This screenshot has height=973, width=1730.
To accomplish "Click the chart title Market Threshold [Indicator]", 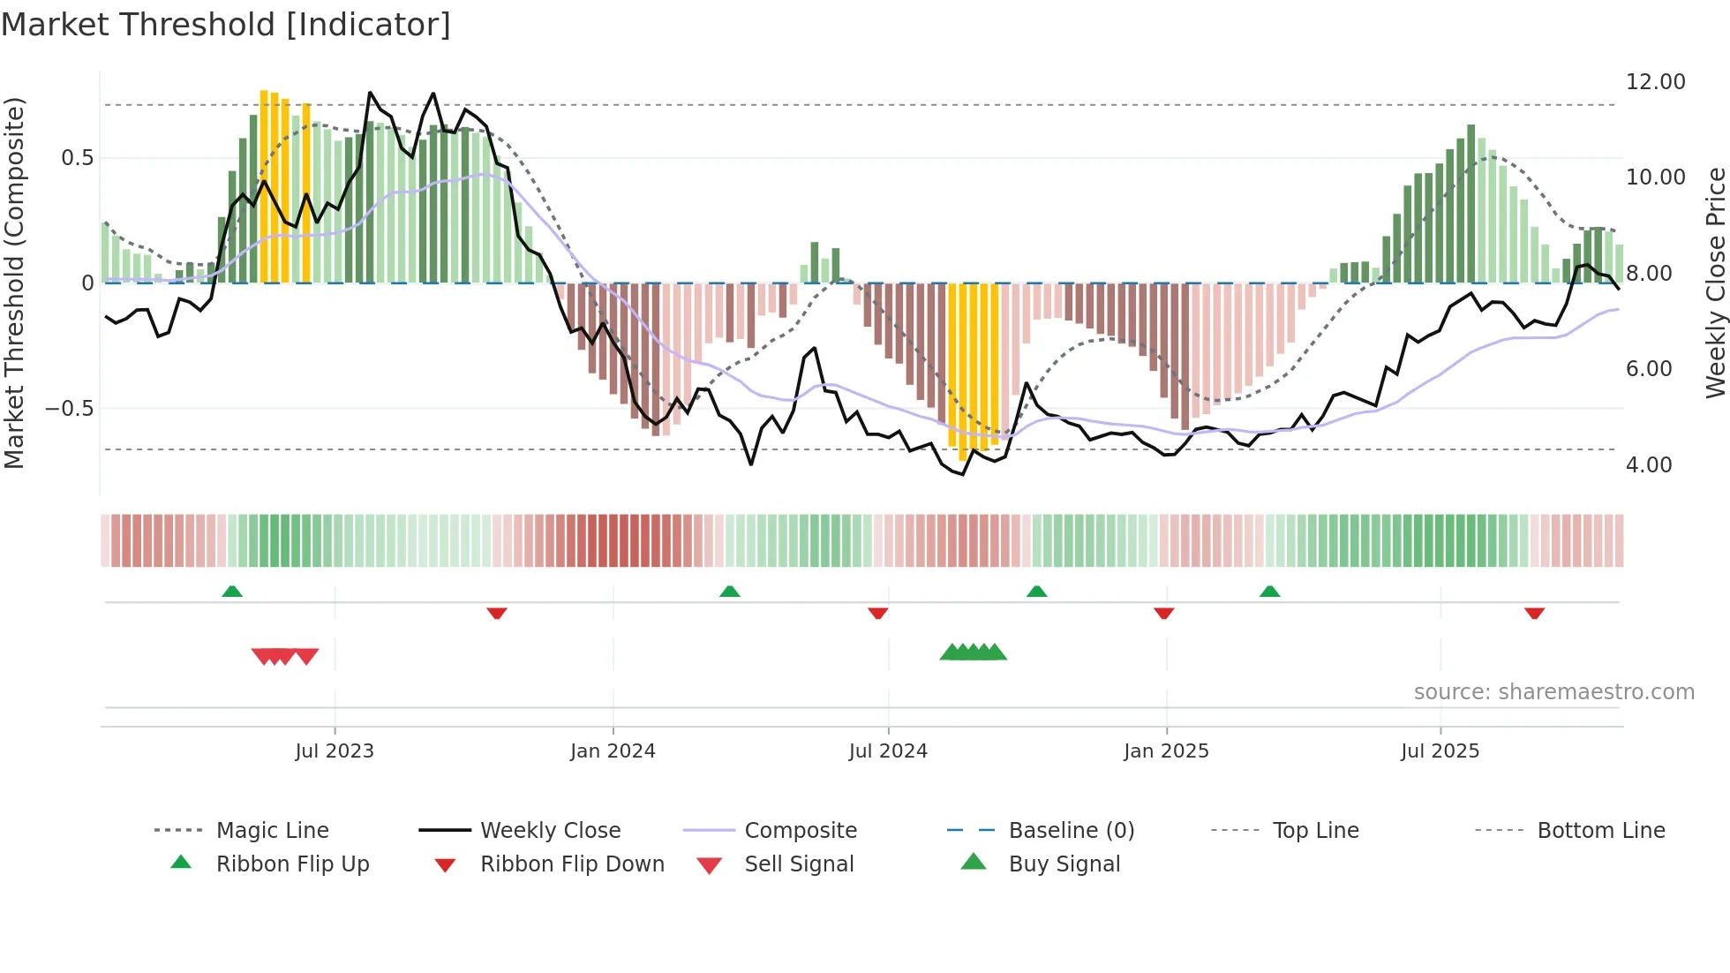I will click(x=226, y=25).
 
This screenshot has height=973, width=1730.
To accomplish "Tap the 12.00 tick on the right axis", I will click(x=1655, y=82).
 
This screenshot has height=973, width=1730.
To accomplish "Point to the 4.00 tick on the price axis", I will click(x=1648, y=465).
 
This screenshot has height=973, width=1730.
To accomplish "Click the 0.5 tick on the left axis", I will click(x=77, y=158).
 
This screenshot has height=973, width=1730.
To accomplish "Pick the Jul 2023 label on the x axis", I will click(x=335, y=751).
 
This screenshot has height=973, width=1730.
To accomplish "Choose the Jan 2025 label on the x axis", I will click(x=1166, y=751).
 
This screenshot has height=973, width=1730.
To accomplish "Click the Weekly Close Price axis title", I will click(x=1715, y=283).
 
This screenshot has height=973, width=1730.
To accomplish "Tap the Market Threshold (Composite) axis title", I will click(x=14, y=283).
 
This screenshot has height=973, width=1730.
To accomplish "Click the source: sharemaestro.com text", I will click(x=1553, y=692).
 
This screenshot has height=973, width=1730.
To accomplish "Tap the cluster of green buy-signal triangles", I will click(x=973, y=652).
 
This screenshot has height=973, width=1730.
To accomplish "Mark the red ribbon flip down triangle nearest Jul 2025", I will click(x=1534, y=613).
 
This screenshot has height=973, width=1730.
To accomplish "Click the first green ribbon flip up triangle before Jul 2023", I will click(x=232, y=592).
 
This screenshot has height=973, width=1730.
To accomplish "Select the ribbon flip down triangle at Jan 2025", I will click(x=1163, y=613).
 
